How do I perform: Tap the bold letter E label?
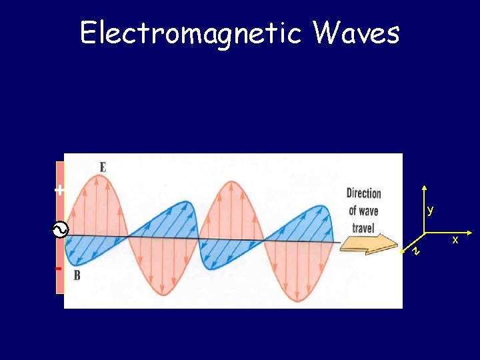[103, 167]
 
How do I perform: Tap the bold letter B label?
[77, 275]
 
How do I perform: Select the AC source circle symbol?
[59, 231]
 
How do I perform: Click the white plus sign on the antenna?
[60, 190]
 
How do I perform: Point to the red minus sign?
[59, 269]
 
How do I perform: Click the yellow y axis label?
[431, 210]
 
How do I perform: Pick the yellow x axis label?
[455, 239]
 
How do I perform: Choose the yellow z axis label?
[415, 251]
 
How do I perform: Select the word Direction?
[363, 193]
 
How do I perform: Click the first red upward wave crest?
[94, 200]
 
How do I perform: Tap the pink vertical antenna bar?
[60, 213]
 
